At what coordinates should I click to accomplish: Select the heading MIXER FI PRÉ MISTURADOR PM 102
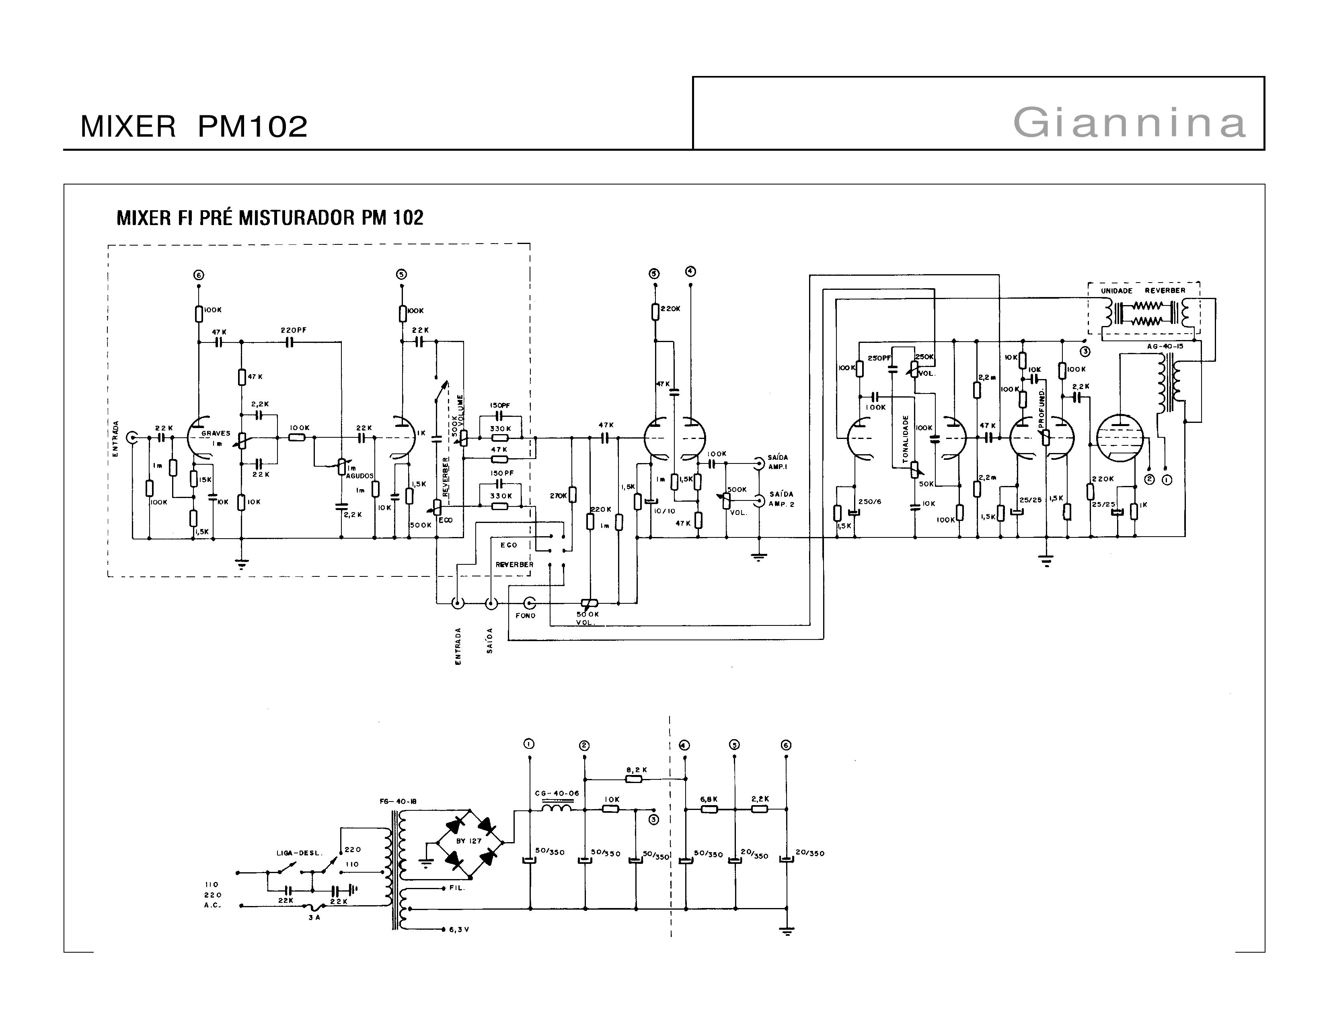[x=270, y=217]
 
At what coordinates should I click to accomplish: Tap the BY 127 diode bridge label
[x=468, y=840]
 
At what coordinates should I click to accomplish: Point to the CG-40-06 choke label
[x=557, y=793]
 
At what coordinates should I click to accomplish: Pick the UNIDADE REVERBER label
[x=1143, y=291]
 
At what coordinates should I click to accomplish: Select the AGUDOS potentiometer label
[x=360, y=476]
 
